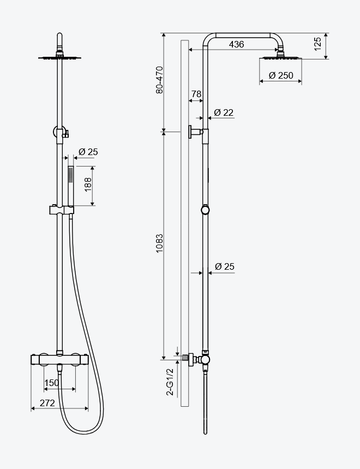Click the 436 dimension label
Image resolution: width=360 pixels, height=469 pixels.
click(236, 44)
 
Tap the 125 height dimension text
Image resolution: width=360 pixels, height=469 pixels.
click(318, 44)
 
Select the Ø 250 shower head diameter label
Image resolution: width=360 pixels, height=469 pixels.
click(281, 75)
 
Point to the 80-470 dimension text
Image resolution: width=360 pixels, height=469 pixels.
click(160, 80)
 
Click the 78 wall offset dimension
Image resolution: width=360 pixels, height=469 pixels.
click(196, 94)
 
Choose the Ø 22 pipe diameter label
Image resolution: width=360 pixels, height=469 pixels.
click(224, 112)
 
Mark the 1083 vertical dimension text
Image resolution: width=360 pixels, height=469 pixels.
click(160, 243)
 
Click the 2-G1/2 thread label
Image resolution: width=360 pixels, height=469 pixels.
click(170, 382)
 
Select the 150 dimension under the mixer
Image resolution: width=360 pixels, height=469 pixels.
click(51, 383)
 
